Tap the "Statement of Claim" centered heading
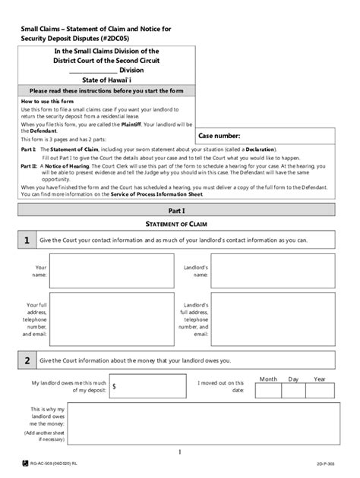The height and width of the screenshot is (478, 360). point(180,223)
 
